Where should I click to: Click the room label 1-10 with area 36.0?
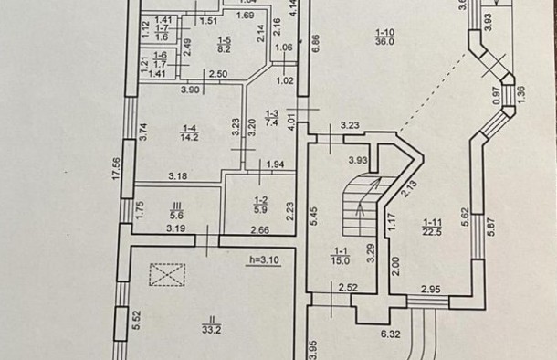click(384, 37)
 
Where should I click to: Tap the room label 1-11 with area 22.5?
click(432, 228)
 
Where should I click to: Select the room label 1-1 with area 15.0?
click(341, 256)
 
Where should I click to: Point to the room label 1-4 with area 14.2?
click(189, 132)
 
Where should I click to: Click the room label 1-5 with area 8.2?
click(224, 45)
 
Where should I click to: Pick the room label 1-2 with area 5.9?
click(260, 205)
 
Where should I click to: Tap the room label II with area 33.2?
click(212, 325)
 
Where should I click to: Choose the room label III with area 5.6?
click(176, 210)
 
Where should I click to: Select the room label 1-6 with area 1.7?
click(160, 59)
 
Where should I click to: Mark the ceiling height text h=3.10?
click(264, 260)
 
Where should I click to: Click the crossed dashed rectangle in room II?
click(167, 274)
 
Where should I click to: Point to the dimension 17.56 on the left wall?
click(117, 168)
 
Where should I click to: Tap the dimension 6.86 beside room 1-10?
click(315, 43)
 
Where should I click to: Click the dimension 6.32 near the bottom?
click(391, 334)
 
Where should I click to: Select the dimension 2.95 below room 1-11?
click(431, 290)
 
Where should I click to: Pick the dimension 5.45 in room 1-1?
click(314, 216)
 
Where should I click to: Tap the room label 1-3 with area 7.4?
click(272, 119)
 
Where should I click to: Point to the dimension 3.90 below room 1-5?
click(190, 90)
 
